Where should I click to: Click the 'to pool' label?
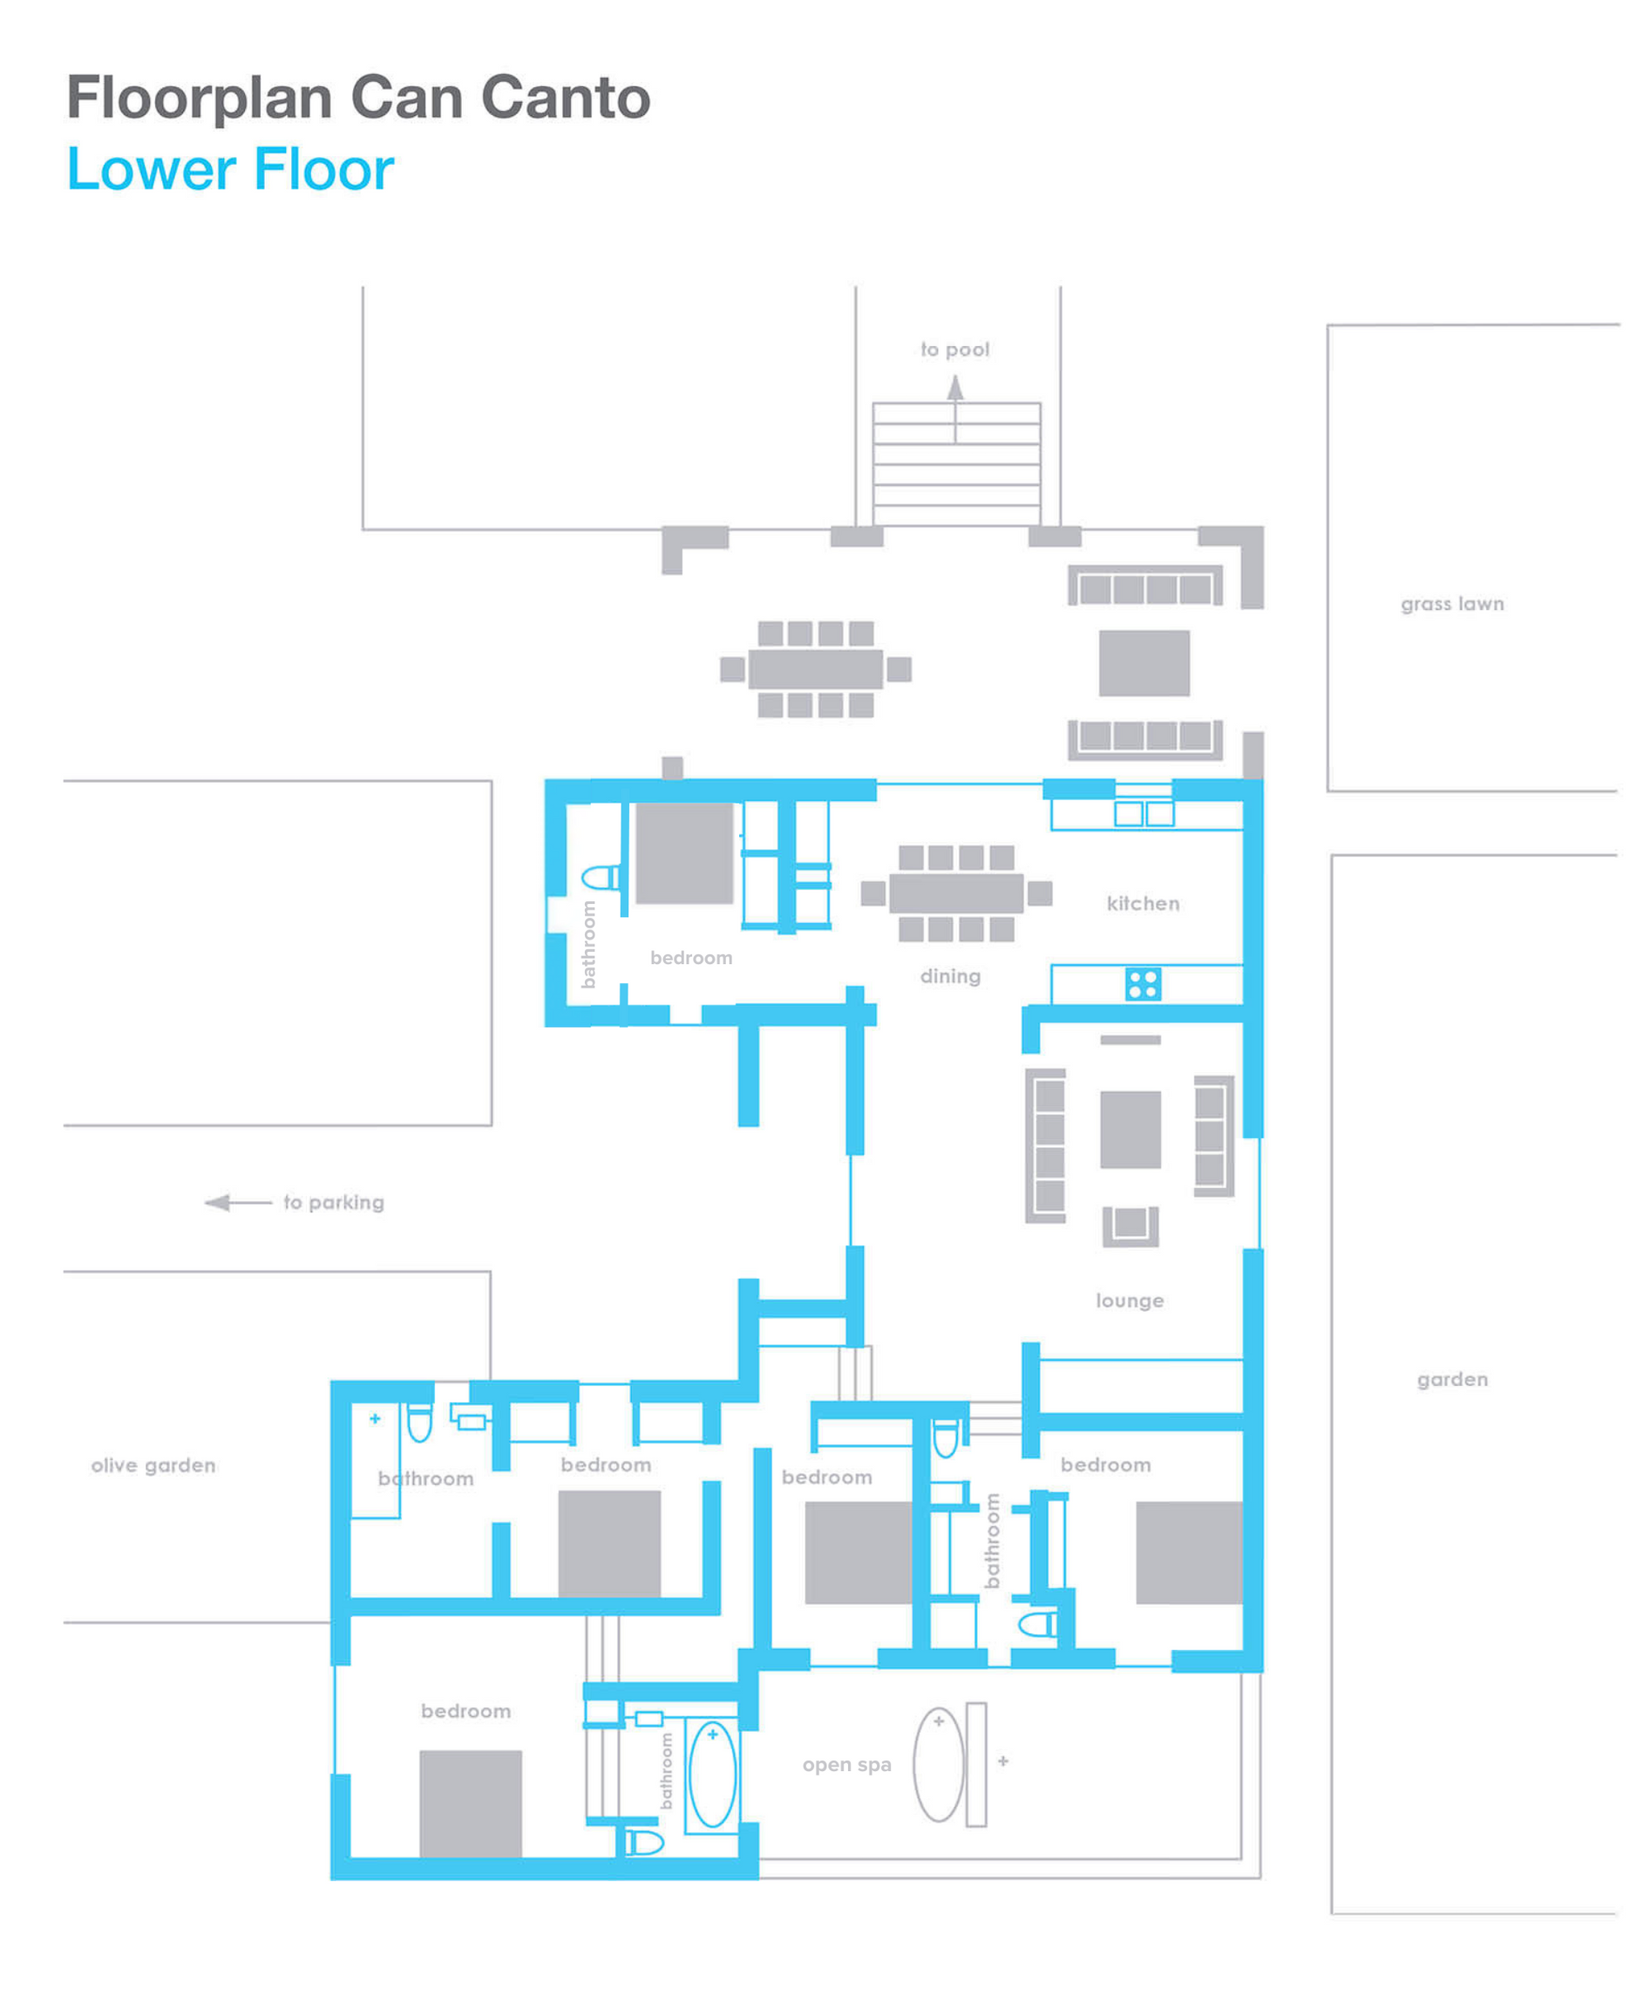tap(954, 350)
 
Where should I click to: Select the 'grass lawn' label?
tap(1452, 604)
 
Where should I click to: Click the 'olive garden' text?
tap(153, 1465)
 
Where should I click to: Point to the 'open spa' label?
tap(847, 1765)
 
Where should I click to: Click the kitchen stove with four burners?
tap(1144, 985)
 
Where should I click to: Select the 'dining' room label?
tap(950, 976)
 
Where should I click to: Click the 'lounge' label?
tap(1130, 1300)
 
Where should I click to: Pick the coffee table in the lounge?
tap(1130, 1130)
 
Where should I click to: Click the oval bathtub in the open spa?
tap(939, 1764)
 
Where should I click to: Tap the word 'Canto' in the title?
tap(566, 97)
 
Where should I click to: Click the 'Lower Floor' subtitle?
tap(231, 170)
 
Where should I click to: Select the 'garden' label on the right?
tap(1452, 1380)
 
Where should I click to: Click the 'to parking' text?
tap(334, 1203)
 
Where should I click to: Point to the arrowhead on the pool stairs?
tap(955, 387)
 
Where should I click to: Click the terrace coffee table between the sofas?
tap(1144, 663)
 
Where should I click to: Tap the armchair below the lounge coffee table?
tap(1130, 1226)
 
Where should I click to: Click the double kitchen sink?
tap(1144, 813)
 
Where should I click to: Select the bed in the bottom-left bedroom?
tap(471, 1804)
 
